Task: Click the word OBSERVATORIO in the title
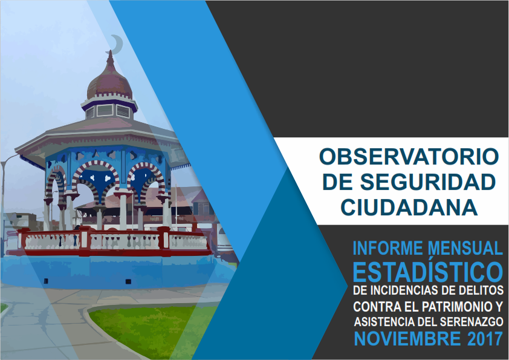[x=409, y=157]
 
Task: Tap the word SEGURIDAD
[x=428, y=182]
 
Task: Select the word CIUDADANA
[x=409, y=208]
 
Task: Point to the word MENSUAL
[x=465, y=249]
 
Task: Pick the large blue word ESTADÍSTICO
[x=428, y=272]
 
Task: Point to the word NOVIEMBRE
[x=407, y=339]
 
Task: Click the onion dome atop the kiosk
[x=110, y=83]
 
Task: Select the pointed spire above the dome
[x=111, y=59]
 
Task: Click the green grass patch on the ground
[x=152, y=328]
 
